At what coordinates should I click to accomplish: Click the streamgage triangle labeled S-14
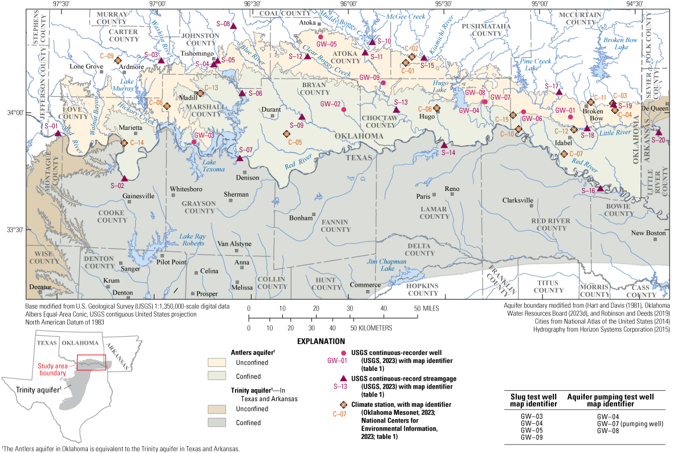point(444,145)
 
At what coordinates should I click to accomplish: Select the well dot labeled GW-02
point(344,110)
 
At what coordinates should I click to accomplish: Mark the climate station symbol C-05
point(286,133)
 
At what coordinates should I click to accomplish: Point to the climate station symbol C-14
point(124,142)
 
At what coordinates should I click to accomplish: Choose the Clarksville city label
point(518,200)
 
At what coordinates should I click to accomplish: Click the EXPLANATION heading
point(321,341)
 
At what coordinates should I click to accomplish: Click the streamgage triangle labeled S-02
point(124,178)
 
